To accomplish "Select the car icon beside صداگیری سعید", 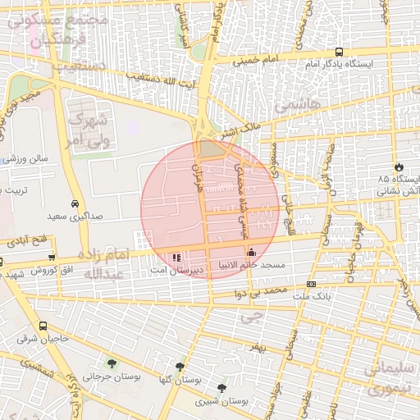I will [x=75, y=203].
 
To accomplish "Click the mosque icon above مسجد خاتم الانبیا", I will [x=251, y=252].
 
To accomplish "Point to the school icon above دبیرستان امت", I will [x=177, y=257].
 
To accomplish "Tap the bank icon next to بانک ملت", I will [x=311, y=284].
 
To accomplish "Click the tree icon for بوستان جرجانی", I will [x=112, y=363].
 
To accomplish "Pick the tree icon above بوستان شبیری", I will [x=221, y=388].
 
